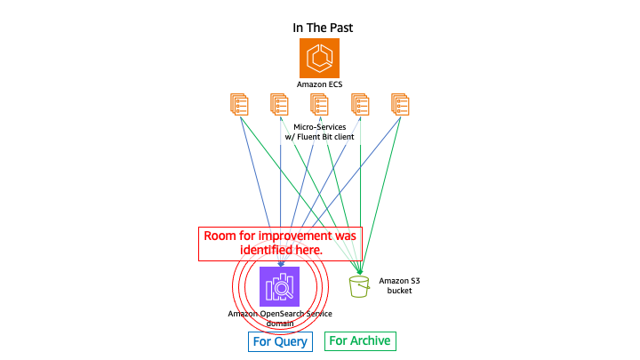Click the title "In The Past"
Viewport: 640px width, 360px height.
pos(323,28)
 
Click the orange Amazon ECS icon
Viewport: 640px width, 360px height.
pos(320,58)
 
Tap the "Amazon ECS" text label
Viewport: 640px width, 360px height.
pos(320,84)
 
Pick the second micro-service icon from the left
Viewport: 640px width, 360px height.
pos(279,105)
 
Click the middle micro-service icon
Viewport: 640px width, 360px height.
pos(320,105)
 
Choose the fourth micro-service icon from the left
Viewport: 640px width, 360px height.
pos(360,105)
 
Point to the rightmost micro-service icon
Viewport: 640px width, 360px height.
pos(401,105)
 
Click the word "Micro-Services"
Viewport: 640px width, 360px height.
pos(320,127)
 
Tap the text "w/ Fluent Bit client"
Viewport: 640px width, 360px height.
pos(320,138)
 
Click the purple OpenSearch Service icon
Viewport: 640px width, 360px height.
pos(279,285)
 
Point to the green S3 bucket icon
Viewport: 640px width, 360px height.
pos(360,285)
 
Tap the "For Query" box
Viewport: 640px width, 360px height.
pos(280,341)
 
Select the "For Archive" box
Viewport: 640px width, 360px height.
pos(359,340)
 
